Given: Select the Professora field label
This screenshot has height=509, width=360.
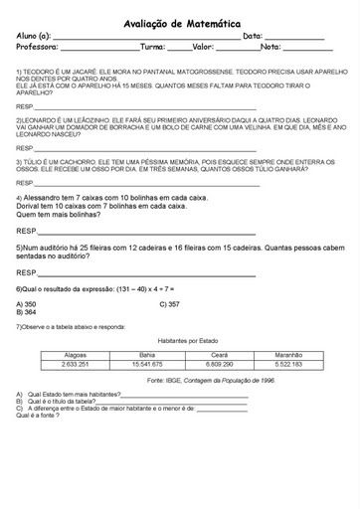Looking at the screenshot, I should click(x=38, y=47).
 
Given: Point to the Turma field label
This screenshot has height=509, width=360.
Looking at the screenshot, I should click(x=153, y=47).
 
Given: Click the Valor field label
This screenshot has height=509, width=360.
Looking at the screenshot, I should click(x=203, y=47).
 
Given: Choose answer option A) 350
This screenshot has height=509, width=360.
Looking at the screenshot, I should click(x=27, y=303).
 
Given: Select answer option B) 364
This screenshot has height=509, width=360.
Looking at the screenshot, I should click(x=27, y=311).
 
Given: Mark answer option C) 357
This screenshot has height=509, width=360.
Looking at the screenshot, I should click(x=169, y=303).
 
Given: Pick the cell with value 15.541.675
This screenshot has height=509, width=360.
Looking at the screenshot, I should click(x=147, y=364).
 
